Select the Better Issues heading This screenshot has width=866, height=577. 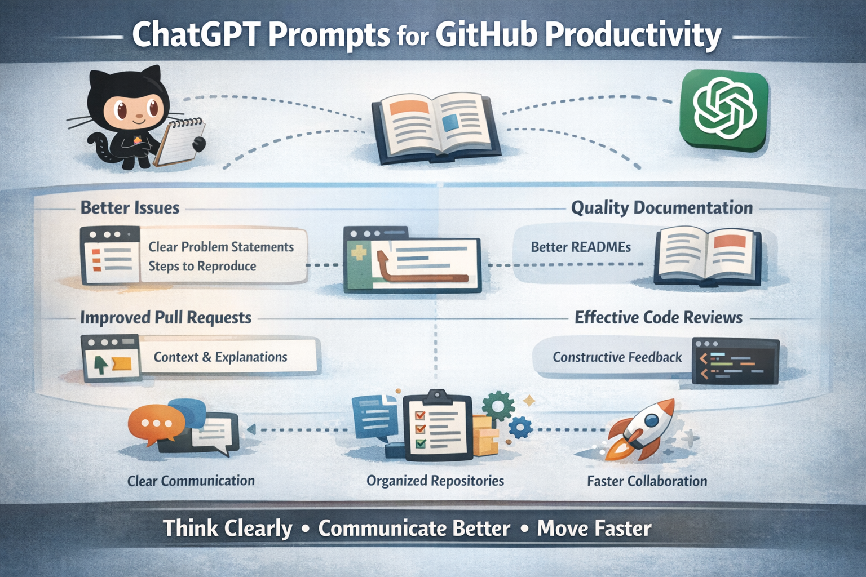click(130, 208)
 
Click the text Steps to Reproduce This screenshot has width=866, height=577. click(202, 267)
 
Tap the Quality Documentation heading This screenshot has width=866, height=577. click(662, 208)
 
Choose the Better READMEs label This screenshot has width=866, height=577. click(581, 247)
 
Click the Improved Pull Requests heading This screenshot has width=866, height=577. click(166, 318)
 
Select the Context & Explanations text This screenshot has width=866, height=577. click(220, 357)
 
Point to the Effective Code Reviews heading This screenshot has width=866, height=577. click(659, 318)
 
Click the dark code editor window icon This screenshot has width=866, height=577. click(735, 361)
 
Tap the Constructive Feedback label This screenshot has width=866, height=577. click(617, 357)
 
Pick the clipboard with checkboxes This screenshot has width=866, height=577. click(438, 424)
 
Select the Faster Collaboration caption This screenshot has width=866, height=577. click(647, 481)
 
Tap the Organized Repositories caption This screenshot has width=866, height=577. click(435, 481)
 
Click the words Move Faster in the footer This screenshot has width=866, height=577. click(594, 529)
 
